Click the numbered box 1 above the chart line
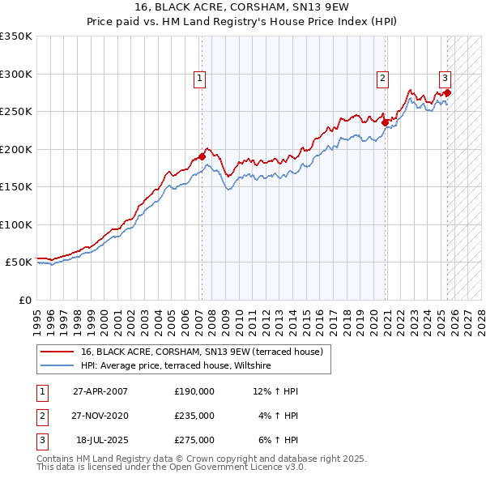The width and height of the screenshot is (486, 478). [198, 79]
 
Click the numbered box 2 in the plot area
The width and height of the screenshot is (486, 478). [382, 79]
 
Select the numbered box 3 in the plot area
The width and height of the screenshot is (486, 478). [445, 79]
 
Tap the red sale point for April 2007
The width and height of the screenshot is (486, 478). [202, 156]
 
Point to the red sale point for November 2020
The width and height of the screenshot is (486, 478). [386, 123]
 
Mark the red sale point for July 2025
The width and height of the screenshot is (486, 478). [447, 92]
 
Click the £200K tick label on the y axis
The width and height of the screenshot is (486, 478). [16, 149]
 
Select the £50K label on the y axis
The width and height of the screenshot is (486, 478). [19, 262]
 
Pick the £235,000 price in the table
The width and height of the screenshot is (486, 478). [194, 416]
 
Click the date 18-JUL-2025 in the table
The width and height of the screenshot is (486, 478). [101, 440]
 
